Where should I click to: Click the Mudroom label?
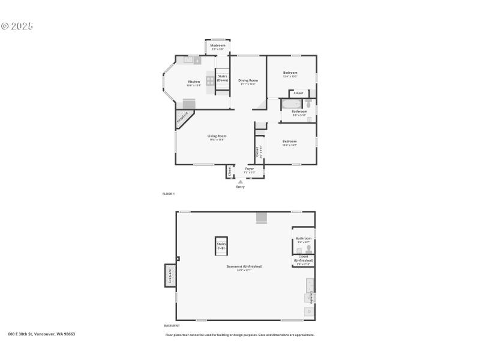[218, 46]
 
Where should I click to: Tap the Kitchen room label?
[194, 82]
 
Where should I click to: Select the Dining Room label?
[248, 80]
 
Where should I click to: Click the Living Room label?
[217, 136]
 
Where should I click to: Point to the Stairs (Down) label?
[223, 78]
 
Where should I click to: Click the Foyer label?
[249, 169]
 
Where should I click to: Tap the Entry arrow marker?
[241, 181]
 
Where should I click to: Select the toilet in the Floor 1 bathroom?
[308, 104]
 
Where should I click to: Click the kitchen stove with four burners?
[211, 80]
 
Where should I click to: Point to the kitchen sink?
[191, 60]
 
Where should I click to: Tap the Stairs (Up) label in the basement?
[221, 245]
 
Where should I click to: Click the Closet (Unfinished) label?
[303, 259]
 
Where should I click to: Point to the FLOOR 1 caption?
[169, 194]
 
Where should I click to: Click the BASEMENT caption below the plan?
[172, 325]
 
